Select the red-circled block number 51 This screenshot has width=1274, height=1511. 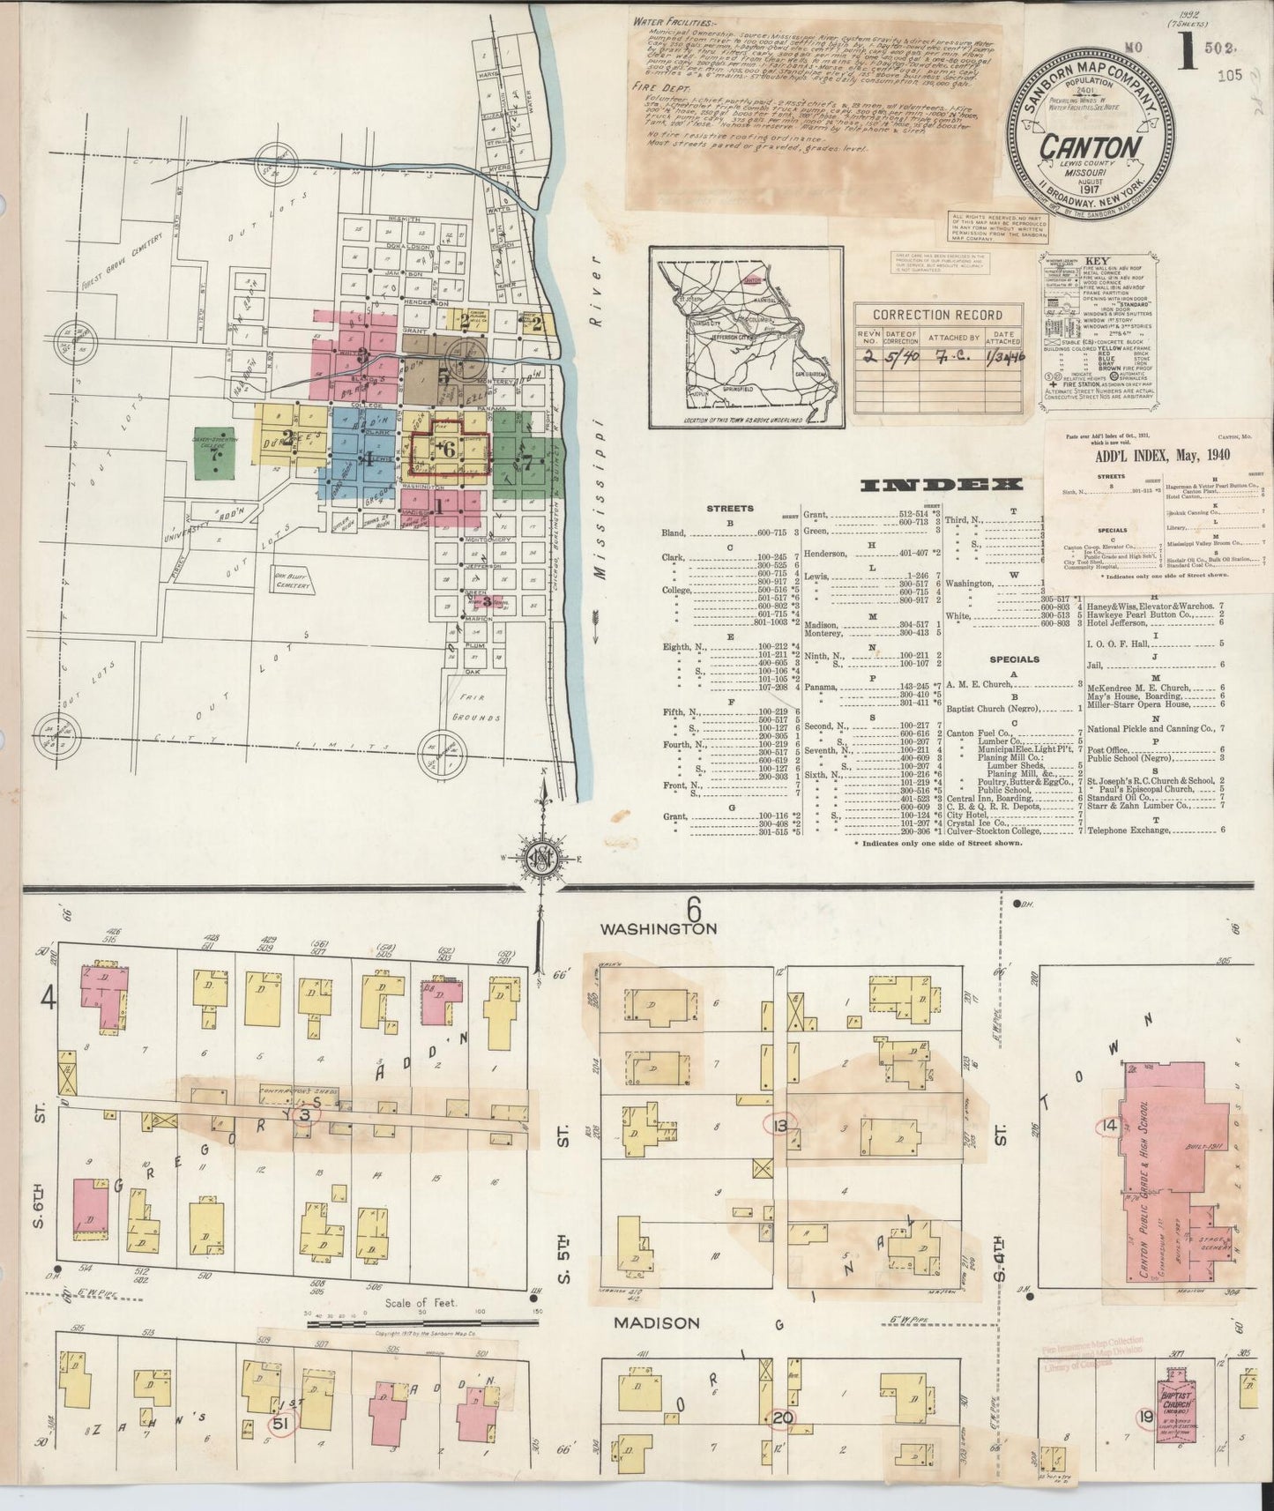point(281,1448)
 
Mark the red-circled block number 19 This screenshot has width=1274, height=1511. point(1145,1442)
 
